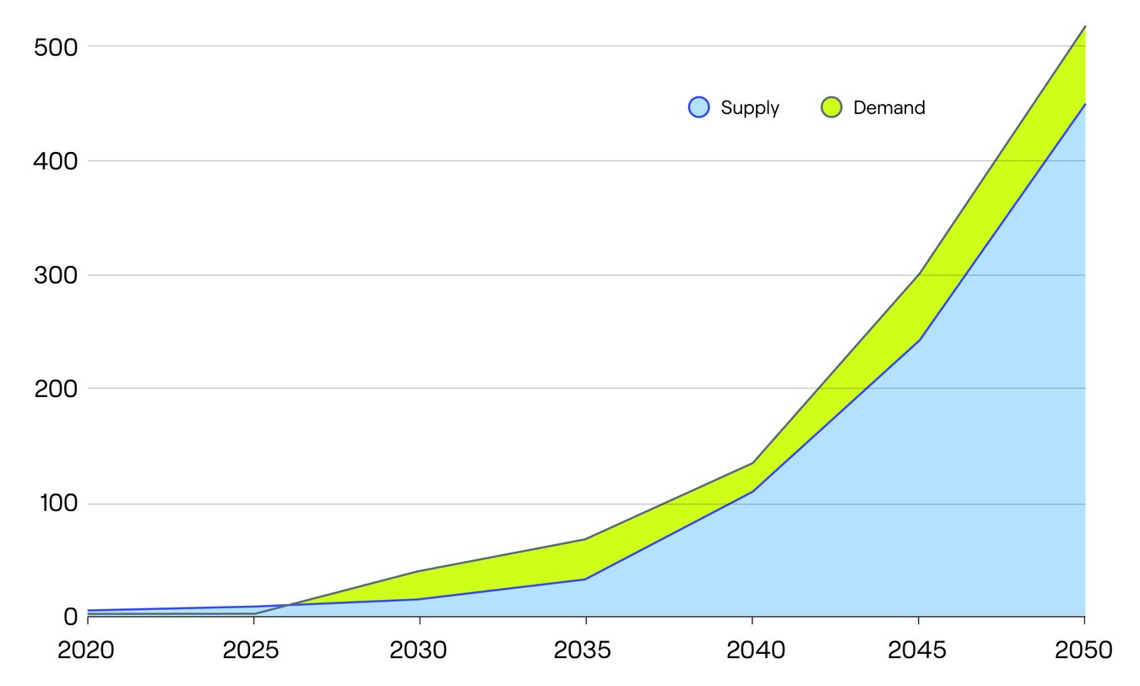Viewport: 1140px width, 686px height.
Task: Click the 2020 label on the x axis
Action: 88,651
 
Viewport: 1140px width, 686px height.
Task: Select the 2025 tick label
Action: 253,651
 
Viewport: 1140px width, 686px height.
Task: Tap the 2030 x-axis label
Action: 420,651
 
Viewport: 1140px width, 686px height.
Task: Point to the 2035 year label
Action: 585,651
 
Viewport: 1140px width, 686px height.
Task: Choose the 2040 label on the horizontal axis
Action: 752,651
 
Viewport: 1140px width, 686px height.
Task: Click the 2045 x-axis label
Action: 918,651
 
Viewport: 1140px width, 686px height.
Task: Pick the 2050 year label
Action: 1083,651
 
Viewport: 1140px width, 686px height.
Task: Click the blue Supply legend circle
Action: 699,107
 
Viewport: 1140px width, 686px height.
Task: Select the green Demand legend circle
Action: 832,107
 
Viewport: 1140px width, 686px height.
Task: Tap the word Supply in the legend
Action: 750,108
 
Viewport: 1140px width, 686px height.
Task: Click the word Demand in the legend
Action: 889,108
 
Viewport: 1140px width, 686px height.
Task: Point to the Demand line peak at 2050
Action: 1085,27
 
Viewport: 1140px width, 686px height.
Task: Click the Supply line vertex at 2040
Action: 752,492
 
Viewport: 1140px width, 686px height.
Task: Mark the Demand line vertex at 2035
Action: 585,539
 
